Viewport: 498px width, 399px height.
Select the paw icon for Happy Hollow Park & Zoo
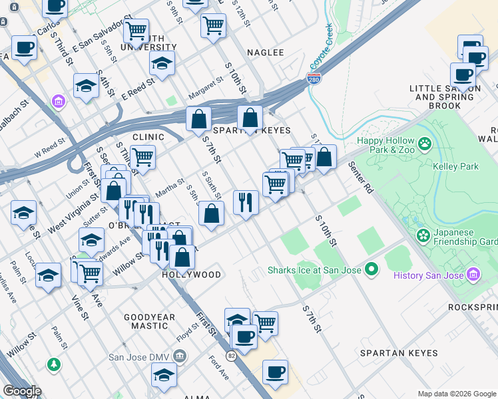coord(423,142)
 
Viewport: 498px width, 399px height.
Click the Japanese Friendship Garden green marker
coord(422,235)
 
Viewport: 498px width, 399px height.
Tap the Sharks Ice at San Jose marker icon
coord(371,269)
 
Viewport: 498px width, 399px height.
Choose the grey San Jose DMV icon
coord(179,357)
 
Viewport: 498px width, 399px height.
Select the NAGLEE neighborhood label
coord(266,52)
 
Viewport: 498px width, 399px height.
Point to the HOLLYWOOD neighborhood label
coord(192,274)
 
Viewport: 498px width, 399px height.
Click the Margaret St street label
coord(205,86)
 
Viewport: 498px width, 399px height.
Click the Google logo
coord(21,391)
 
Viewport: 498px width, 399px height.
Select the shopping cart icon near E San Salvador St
coord(136,29)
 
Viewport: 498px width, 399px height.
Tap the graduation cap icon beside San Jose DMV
coord(164,376)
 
